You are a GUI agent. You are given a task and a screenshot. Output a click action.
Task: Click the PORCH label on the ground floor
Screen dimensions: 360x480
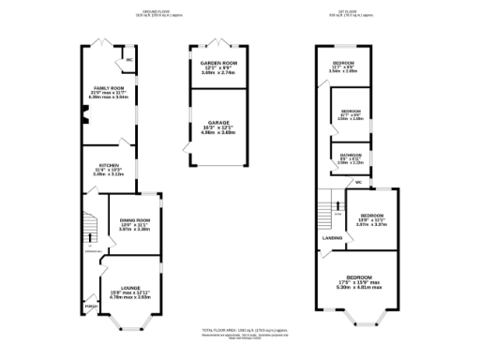click(x=91, y=307)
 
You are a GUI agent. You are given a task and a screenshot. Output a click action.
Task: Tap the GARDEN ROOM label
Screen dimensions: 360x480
click(x=217, y=63)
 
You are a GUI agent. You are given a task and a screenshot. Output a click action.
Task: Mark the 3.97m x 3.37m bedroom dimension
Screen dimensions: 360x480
click(x=370, y=225)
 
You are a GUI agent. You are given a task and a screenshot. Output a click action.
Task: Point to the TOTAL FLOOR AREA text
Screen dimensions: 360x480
click(x=240, y=331)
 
